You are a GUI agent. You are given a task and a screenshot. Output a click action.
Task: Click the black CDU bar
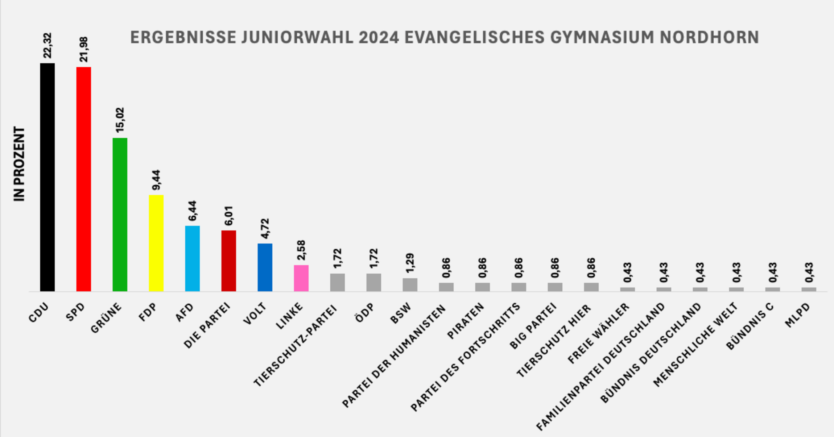[x=47, y=178]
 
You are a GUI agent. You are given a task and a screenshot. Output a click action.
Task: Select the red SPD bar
[x=83, y=179]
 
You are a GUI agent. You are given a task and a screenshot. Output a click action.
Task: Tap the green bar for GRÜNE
[x=120, y=215]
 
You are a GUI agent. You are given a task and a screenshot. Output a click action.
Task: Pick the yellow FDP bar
[x=156, y=243]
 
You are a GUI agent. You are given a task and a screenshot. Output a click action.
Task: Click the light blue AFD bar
[x=192, y=259]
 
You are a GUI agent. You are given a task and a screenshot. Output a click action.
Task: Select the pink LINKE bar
[x=301, y=278]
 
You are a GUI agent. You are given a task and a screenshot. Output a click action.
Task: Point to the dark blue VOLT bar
[x=265, y=267]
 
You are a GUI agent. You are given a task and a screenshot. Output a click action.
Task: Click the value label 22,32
[x=48, y=46]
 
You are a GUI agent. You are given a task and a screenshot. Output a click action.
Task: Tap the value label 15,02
[x=120, y=120]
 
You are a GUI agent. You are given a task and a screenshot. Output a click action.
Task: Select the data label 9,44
[x=156, y=180]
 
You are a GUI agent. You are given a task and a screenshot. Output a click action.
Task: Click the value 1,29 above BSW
[x=410, y=263]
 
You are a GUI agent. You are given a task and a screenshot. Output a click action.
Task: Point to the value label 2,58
[x=301, y=250]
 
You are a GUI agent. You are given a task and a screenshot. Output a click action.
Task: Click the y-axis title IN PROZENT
[x=19, y=164]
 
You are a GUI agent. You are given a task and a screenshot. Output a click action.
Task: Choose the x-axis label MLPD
[x=797, y=316]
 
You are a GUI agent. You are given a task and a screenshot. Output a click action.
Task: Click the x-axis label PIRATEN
[x=466, y=321]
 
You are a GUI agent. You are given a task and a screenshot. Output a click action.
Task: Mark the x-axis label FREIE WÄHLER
[x=598, y=333]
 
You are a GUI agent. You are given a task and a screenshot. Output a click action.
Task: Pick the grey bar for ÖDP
[x=373, y=283]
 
